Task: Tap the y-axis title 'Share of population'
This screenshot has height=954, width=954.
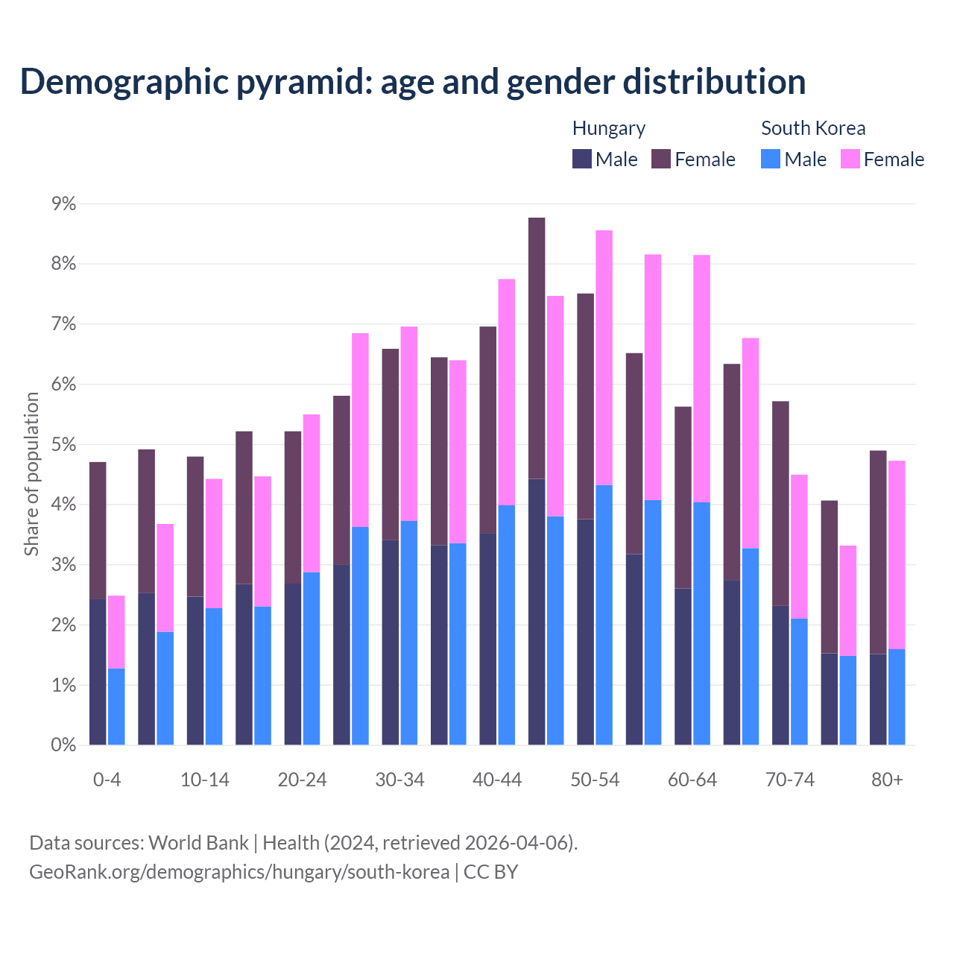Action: [x=31, y=474]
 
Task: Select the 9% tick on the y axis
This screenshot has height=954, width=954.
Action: [x=63, y=203]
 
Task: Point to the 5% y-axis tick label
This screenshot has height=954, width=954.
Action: [x=63, y=445]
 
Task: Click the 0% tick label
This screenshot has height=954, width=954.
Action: [x=63, y=745]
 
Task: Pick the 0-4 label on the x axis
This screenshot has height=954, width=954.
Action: [x=107, y=780]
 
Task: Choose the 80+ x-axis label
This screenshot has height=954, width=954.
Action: [x=887, y=780]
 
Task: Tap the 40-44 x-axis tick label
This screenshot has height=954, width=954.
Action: [x=497, y=780]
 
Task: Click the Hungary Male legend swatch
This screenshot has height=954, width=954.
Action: [x=582, y=159]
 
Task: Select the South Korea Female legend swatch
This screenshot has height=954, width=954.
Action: [x=850, y=159]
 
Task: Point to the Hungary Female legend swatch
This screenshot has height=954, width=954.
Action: [x=661, y=159]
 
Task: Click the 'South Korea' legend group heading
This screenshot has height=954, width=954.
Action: [x=813, y=128]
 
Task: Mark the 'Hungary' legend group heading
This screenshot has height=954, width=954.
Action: [x=609, y=128]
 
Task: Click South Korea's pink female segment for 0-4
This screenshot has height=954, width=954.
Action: [x=116, y=632]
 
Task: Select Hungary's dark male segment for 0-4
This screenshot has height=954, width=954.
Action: [x=98, y=672]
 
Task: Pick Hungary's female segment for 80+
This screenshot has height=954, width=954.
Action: [x=878, y=552]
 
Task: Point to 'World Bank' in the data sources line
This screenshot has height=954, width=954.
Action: [x=198, y=843]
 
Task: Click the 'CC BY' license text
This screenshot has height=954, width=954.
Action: [x=490, y=872]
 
